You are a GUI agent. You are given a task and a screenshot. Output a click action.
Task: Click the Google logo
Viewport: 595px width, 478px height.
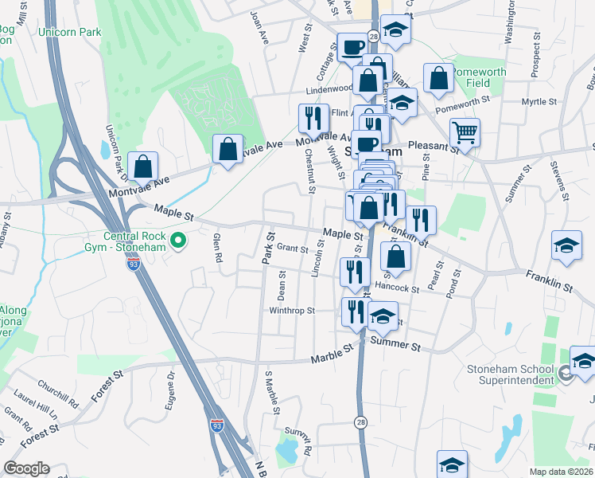click(x=26, y=468)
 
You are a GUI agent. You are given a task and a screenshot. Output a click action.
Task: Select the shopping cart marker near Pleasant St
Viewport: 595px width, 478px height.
click(x=465, y=132)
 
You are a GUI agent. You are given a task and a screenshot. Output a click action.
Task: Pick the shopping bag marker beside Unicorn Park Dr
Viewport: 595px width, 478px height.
click(x=143, y=166)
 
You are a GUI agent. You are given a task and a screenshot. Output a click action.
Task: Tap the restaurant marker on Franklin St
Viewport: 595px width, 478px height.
click(x=421, y=219)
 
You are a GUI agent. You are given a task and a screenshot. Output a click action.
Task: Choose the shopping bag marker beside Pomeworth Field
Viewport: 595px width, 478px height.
click(x=438, y=78)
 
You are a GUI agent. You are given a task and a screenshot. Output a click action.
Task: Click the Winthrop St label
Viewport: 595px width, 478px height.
click(x=292, y=311)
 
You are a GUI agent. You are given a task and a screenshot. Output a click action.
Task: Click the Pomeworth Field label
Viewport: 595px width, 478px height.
click(x=480, y=77)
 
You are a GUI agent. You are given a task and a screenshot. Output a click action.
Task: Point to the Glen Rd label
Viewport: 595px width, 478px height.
click(x=216, y=251)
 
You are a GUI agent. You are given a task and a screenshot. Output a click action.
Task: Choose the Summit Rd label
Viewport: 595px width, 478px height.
click(x=300, y=435)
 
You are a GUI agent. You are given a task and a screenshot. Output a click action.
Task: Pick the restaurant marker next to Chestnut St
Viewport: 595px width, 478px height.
click(x=312, y=119)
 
